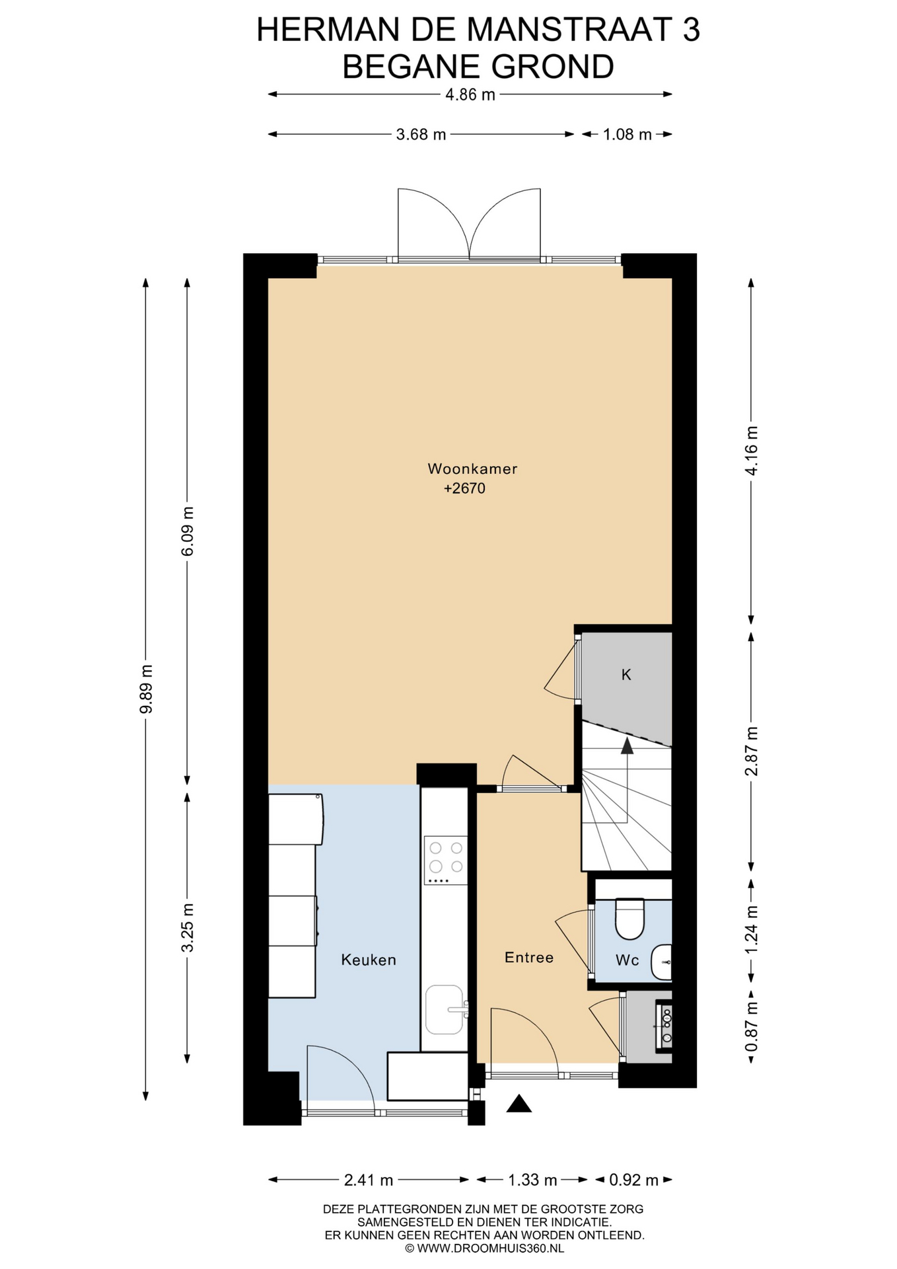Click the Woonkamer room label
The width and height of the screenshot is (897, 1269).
coord(472,469)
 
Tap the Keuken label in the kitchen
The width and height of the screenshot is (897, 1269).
coord(369,960)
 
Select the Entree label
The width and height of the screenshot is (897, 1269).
coord(529,957)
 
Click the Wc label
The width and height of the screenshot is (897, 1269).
coord(627,960)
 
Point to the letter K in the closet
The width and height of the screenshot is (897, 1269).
coord(626,674)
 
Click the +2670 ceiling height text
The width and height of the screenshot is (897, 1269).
coord(464,488)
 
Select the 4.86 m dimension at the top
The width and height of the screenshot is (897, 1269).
coord(470,95)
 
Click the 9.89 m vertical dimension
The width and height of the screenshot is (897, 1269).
coord(146,689)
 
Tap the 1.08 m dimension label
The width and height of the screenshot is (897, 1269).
coord(627,135)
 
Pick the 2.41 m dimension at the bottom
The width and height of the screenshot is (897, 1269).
coord(369,1180)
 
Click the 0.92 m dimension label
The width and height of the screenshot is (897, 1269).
coord(633,1180)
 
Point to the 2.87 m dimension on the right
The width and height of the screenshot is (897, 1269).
coord(751,751)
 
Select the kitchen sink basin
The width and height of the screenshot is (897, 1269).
coord(444,1009)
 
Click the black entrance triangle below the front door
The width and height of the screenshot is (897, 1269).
coord(519,1104)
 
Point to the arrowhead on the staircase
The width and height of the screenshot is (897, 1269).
coord(627,746)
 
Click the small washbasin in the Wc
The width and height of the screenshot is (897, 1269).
coord(661,962)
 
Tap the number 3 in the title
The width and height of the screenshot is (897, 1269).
coord(691,30)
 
